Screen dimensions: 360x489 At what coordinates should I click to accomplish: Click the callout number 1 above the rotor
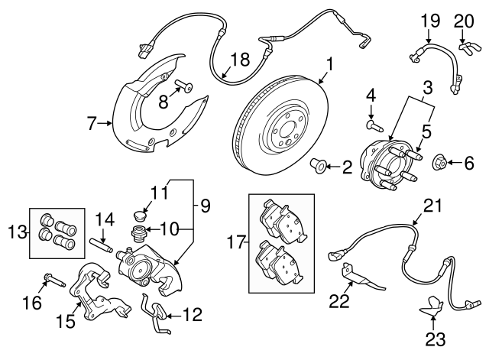(329, 63)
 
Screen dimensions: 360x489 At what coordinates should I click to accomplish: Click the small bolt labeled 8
(186, 86)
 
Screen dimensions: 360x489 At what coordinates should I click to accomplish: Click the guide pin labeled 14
(102, 245)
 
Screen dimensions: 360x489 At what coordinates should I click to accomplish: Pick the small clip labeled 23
(434, 307)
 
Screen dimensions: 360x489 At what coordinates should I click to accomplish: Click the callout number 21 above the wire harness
(433, 206)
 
